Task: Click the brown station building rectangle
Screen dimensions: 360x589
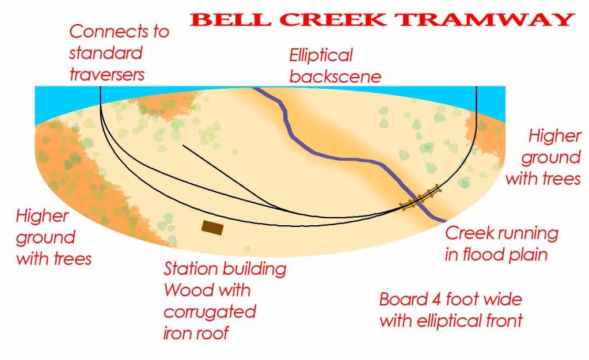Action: pos(212,228)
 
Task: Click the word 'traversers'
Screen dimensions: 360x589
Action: pos(107,75)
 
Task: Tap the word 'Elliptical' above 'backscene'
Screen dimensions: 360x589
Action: pos(321,56)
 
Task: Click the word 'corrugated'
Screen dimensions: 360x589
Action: pos(210,312)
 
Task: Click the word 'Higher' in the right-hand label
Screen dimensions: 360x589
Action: pos(555,137)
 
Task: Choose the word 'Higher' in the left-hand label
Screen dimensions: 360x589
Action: pos(43,217)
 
